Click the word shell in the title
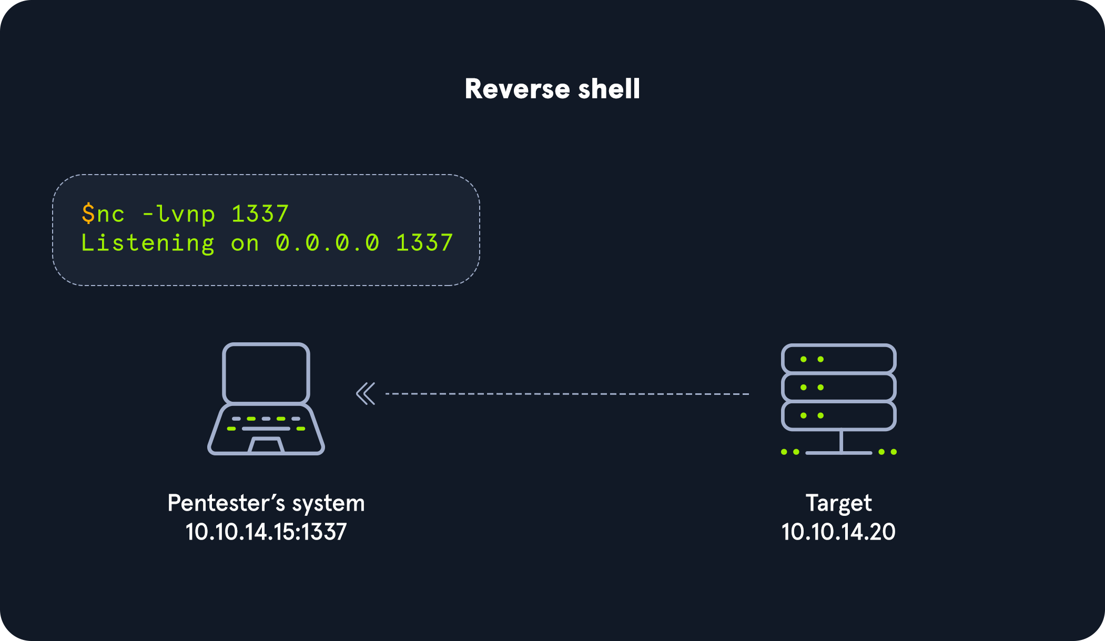[609, 88]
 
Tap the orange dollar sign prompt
[88, 213]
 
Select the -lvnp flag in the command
[179, 214]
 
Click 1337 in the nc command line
[260, 214]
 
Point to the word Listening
[148, 243]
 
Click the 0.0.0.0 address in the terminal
[327, 243]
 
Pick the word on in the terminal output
[245, 243]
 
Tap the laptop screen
[266, 373]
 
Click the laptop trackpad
[266, 445]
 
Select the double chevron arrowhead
[366, 393]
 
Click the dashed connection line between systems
[567, 394]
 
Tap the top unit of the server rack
[839, 359]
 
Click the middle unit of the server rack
[839, 388]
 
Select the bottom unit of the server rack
[839, 415]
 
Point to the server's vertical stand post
[842, 441]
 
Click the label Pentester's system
[266, 503]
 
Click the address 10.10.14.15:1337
[266, 532]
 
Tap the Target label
[838, 503]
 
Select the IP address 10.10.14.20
[838, 532]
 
